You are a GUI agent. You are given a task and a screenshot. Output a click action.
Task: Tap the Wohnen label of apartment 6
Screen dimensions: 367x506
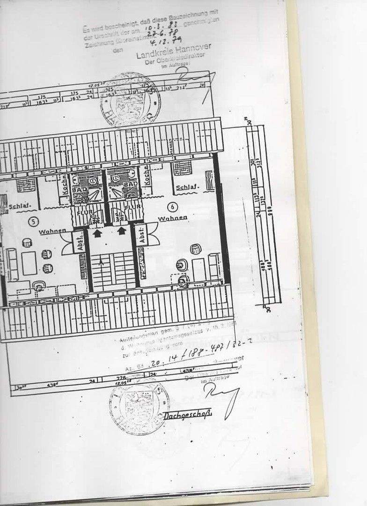173,218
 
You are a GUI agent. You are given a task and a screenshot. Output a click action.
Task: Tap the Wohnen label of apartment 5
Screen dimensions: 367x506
52,231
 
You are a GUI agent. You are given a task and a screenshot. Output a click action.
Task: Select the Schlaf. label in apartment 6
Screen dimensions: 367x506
187,188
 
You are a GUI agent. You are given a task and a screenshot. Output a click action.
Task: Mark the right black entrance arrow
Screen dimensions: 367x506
122,231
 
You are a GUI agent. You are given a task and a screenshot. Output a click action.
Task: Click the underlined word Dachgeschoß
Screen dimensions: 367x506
188,415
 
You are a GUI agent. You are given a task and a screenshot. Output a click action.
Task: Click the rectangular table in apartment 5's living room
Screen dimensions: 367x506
29,263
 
